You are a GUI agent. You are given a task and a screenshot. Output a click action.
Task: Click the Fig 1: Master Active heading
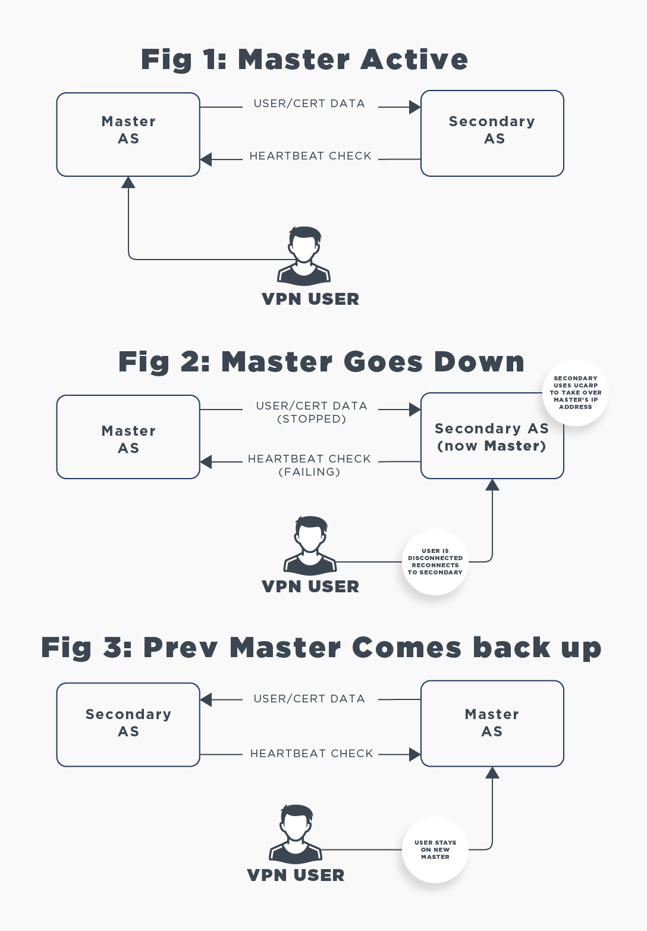[304, 60]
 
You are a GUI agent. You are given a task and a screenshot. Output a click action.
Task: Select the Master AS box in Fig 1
[128, 134]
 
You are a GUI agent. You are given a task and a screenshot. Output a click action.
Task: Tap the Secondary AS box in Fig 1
[492, 133]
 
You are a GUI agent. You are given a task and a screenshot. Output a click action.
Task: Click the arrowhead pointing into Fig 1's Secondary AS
[415, 107]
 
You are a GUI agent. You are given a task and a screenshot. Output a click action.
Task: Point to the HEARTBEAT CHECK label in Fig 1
[310, 156]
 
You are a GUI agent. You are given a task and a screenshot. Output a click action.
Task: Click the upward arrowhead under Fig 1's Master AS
[128, 183]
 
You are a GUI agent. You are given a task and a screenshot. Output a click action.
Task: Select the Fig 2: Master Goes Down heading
[321, 362]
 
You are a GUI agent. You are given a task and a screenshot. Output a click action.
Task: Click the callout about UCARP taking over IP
[575, 392]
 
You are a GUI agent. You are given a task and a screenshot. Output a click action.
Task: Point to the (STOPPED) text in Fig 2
[312, 419]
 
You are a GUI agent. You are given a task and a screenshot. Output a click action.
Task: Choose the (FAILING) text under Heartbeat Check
[309, 472]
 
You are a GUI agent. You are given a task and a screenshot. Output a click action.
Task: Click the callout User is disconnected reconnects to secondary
[435, 561]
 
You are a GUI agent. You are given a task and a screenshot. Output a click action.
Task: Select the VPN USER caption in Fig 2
[310, 586]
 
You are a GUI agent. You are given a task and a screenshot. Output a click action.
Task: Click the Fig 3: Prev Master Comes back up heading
[321, 648]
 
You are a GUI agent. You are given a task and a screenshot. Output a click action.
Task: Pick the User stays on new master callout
[435, 849]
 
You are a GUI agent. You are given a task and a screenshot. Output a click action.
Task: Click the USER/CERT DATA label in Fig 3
[309, 699]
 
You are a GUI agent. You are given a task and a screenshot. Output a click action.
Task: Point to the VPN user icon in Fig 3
[296, 833]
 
